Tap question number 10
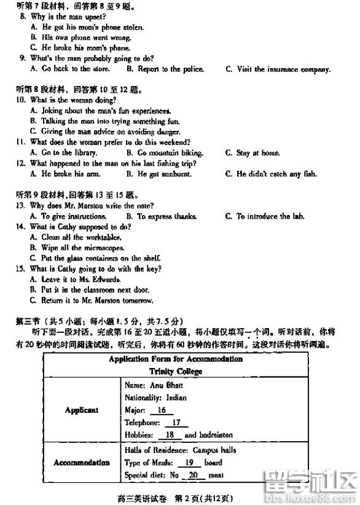(x=20, y=100)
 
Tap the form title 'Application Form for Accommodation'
(x=176, y=359)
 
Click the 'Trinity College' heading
(x=176, y=372)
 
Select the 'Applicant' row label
(x=82, y=410)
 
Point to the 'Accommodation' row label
(x=82, y=463)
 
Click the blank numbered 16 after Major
(x=162, y=410)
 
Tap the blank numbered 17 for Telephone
(x=176, y=423)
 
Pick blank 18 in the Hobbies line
(x=170, y=435)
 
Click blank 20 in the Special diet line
(x=194, y=475)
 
